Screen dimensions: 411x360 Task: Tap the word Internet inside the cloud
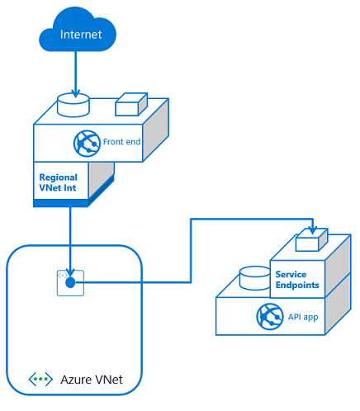(x=81, y=35)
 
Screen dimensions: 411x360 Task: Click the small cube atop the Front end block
(x=130, y=105)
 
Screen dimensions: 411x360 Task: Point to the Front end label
(x=122, y=142)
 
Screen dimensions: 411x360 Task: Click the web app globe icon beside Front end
(x=87, y=143)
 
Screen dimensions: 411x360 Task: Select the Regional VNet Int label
(x=59, y=182)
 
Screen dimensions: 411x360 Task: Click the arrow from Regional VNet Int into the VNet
(x=70, y=239)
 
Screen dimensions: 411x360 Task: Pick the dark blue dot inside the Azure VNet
(x=70, y=282)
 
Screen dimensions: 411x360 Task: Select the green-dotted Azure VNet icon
(x=40, y=380)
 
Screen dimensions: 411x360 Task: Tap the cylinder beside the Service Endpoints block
(x=253, y=279)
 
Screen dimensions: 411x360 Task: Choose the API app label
(x=303, y=317)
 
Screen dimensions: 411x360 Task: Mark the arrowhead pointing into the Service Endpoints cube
(x=311, y=229)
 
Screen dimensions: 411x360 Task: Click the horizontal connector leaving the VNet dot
(x=132, y=282)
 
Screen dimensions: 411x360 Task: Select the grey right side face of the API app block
(x=339, y=309)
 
